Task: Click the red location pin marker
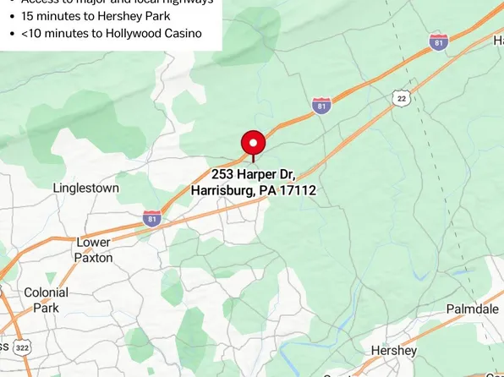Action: pyautogui.click(x=253, y=143)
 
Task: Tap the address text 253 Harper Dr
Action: pyautogui.click(x=252, y=174)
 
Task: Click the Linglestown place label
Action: pyautogui.click(x=85, y=188)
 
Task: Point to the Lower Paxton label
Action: pyautogui.click(x=93, y=249)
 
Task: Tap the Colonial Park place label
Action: pyautogui.click(x=46, y=300)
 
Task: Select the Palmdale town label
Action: pyautogui.click(x=472, y=309)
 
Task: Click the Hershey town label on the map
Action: pyautogui.click(x=393, y=350)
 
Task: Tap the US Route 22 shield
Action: pyautogui.click(x=402, y=99)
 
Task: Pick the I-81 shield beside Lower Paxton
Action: pyautogui.click(x=152, y=218)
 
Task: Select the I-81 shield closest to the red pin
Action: pyautogui.click(x=321, y=106)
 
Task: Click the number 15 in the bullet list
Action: pyautogui.click(x=28, y=15)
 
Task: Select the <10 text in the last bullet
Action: pyautogui.click(x=30, y=33)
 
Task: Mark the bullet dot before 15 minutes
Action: pyautogui.click(x=10, y=16)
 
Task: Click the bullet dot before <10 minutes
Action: pyautogui.click(x=10, y=34)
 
